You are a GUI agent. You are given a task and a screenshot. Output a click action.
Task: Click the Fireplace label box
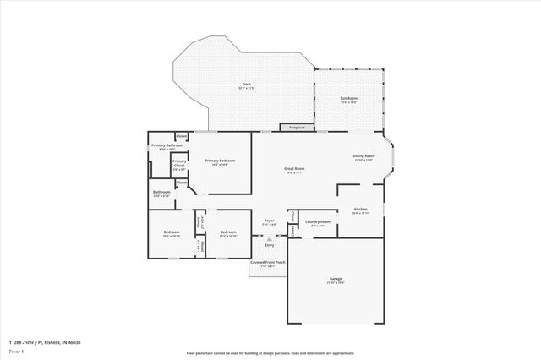tap(297, 128)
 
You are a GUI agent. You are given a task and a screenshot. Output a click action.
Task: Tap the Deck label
tap(246, 84)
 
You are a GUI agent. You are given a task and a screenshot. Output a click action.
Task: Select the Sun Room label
tap(348, 98)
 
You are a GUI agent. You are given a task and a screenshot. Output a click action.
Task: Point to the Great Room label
tap(294, 168)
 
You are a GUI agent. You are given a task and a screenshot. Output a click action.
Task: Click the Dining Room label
tap(363, 155)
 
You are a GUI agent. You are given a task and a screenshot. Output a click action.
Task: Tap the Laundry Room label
tap(318, 221)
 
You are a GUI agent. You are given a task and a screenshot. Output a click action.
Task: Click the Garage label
tap(336, 278)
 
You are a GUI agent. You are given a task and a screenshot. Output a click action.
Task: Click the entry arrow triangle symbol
tap(269, 238)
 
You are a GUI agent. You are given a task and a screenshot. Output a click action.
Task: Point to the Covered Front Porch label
tap(269, 264)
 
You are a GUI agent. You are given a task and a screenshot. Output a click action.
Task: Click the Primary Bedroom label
tap(220, 160)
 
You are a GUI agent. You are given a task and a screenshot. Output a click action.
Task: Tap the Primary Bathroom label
tap(167, 145)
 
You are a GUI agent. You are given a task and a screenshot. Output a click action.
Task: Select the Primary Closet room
tap(179, 165)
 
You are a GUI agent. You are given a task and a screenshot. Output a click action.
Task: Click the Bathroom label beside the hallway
tap(161, 192)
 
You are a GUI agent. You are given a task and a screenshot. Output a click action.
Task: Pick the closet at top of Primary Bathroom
tap(182, 136)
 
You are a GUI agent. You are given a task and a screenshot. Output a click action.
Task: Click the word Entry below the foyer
tap(269, 245)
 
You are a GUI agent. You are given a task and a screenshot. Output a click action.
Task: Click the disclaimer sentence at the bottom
tap(270, 353)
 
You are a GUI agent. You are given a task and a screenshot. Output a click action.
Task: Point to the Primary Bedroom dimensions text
tap(220, 165)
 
